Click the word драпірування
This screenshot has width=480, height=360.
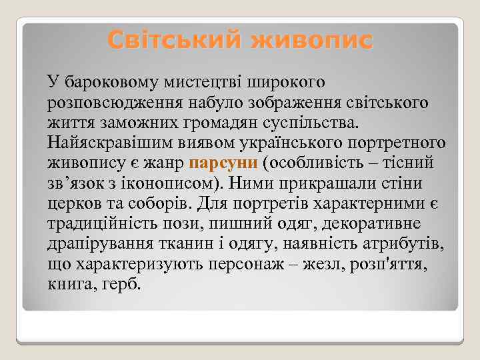100,243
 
